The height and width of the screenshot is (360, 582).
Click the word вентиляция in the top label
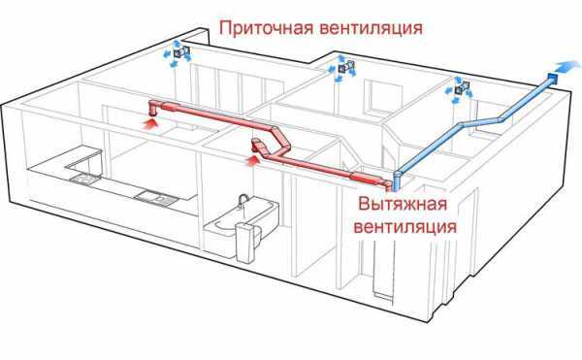click(373, 28)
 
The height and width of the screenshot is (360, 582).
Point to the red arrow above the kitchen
click(148, 123)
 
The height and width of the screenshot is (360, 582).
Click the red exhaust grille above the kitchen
click(155, 106)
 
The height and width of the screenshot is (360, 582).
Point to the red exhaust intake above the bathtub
click(260, 147)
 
